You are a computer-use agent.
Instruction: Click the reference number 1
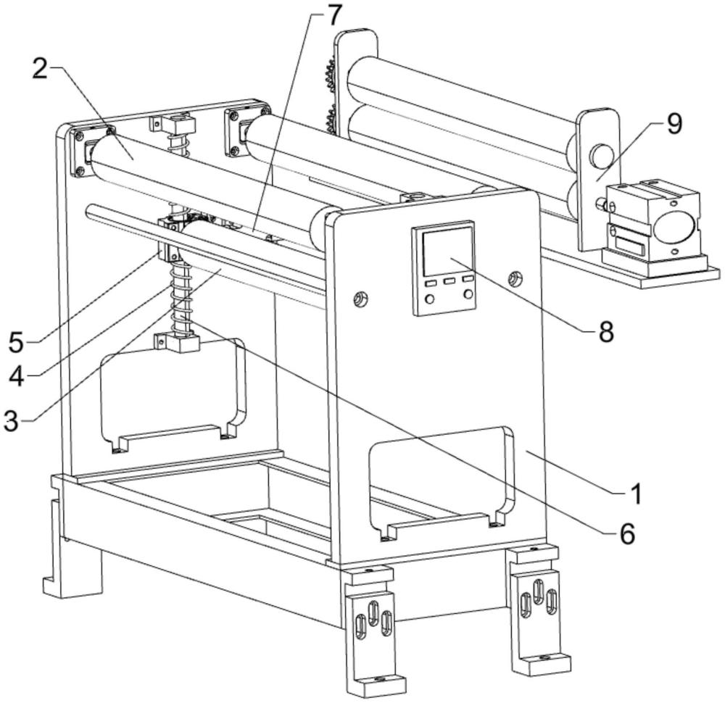[x=635, y=495]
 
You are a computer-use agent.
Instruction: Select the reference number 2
[x=41, y=70]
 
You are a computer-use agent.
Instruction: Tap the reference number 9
[x=674, y=124]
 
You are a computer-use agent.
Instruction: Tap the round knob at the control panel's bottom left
[x=430, y=298]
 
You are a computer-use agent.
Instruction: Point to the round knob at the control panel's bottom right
[x=468, y=294]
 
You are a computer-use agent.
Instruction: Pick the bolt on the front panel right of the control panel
[x=515, y=277]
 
